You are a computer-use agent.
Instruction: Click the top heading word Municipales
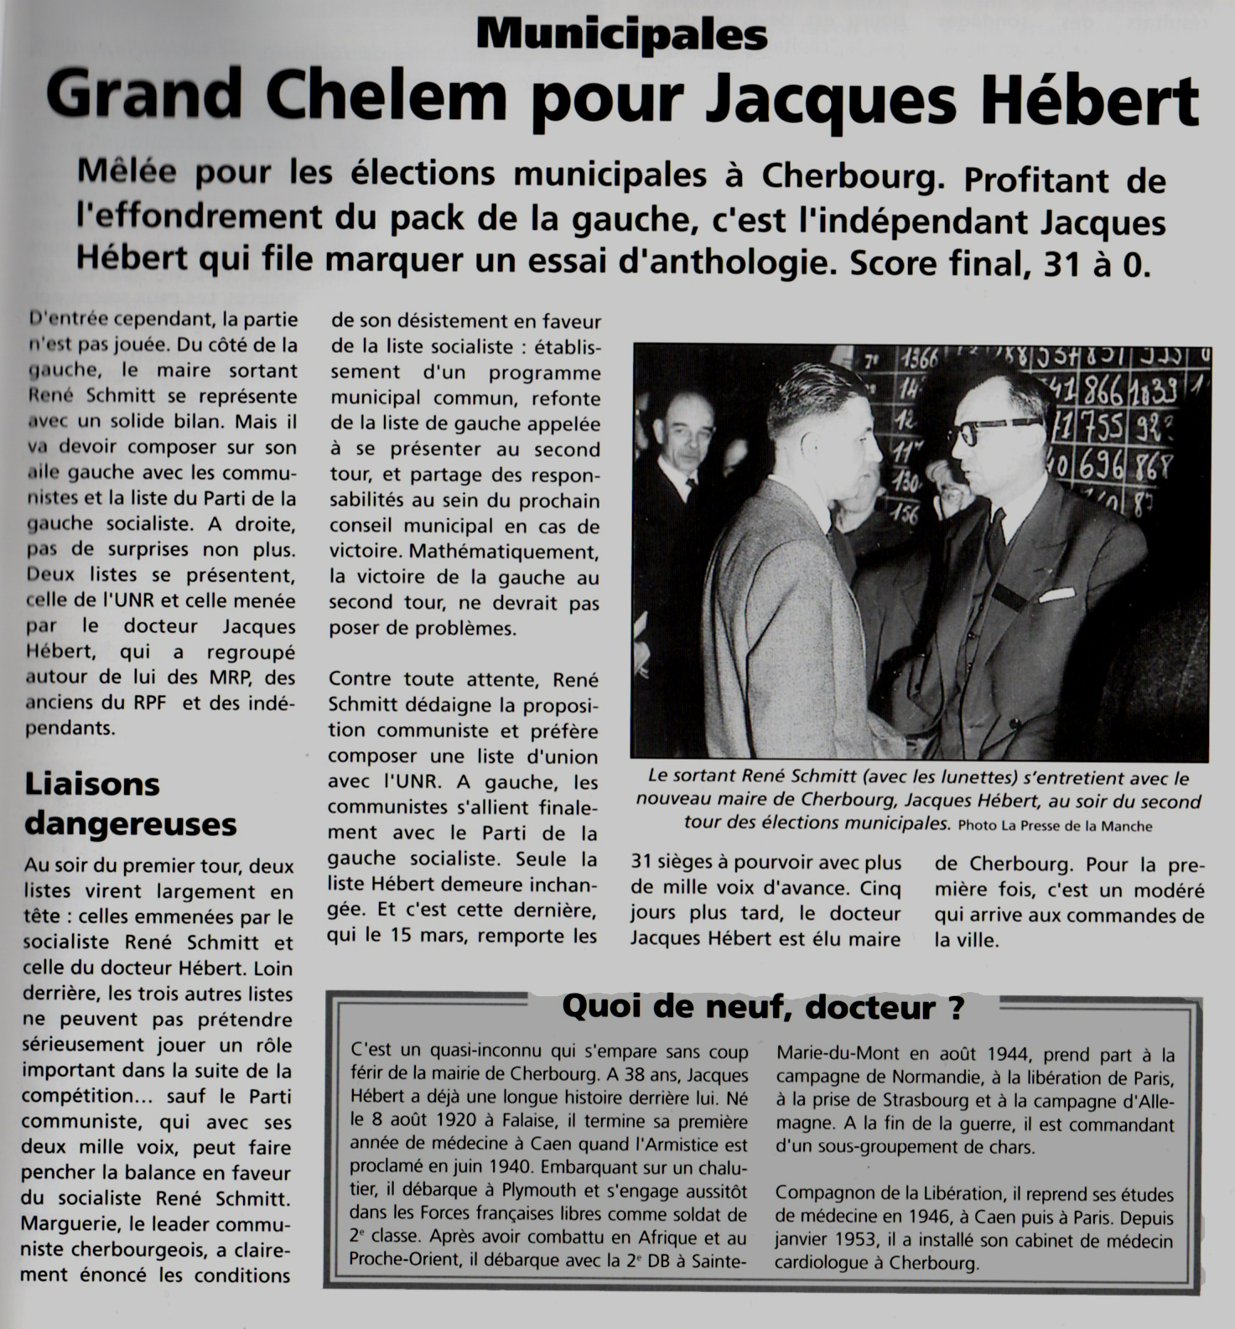pyautogui.click(x=621, y=35)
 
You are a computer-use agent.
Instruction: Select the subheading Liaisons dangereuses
pyautogui.click(x=130, y=804)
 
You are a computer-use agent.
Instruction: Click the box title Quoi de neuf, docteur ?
pyautogui.click(x=762, y=1006)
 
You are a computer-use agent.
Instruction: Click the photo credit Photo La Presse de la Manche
pyautogui.click(x=1055, y=826)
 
